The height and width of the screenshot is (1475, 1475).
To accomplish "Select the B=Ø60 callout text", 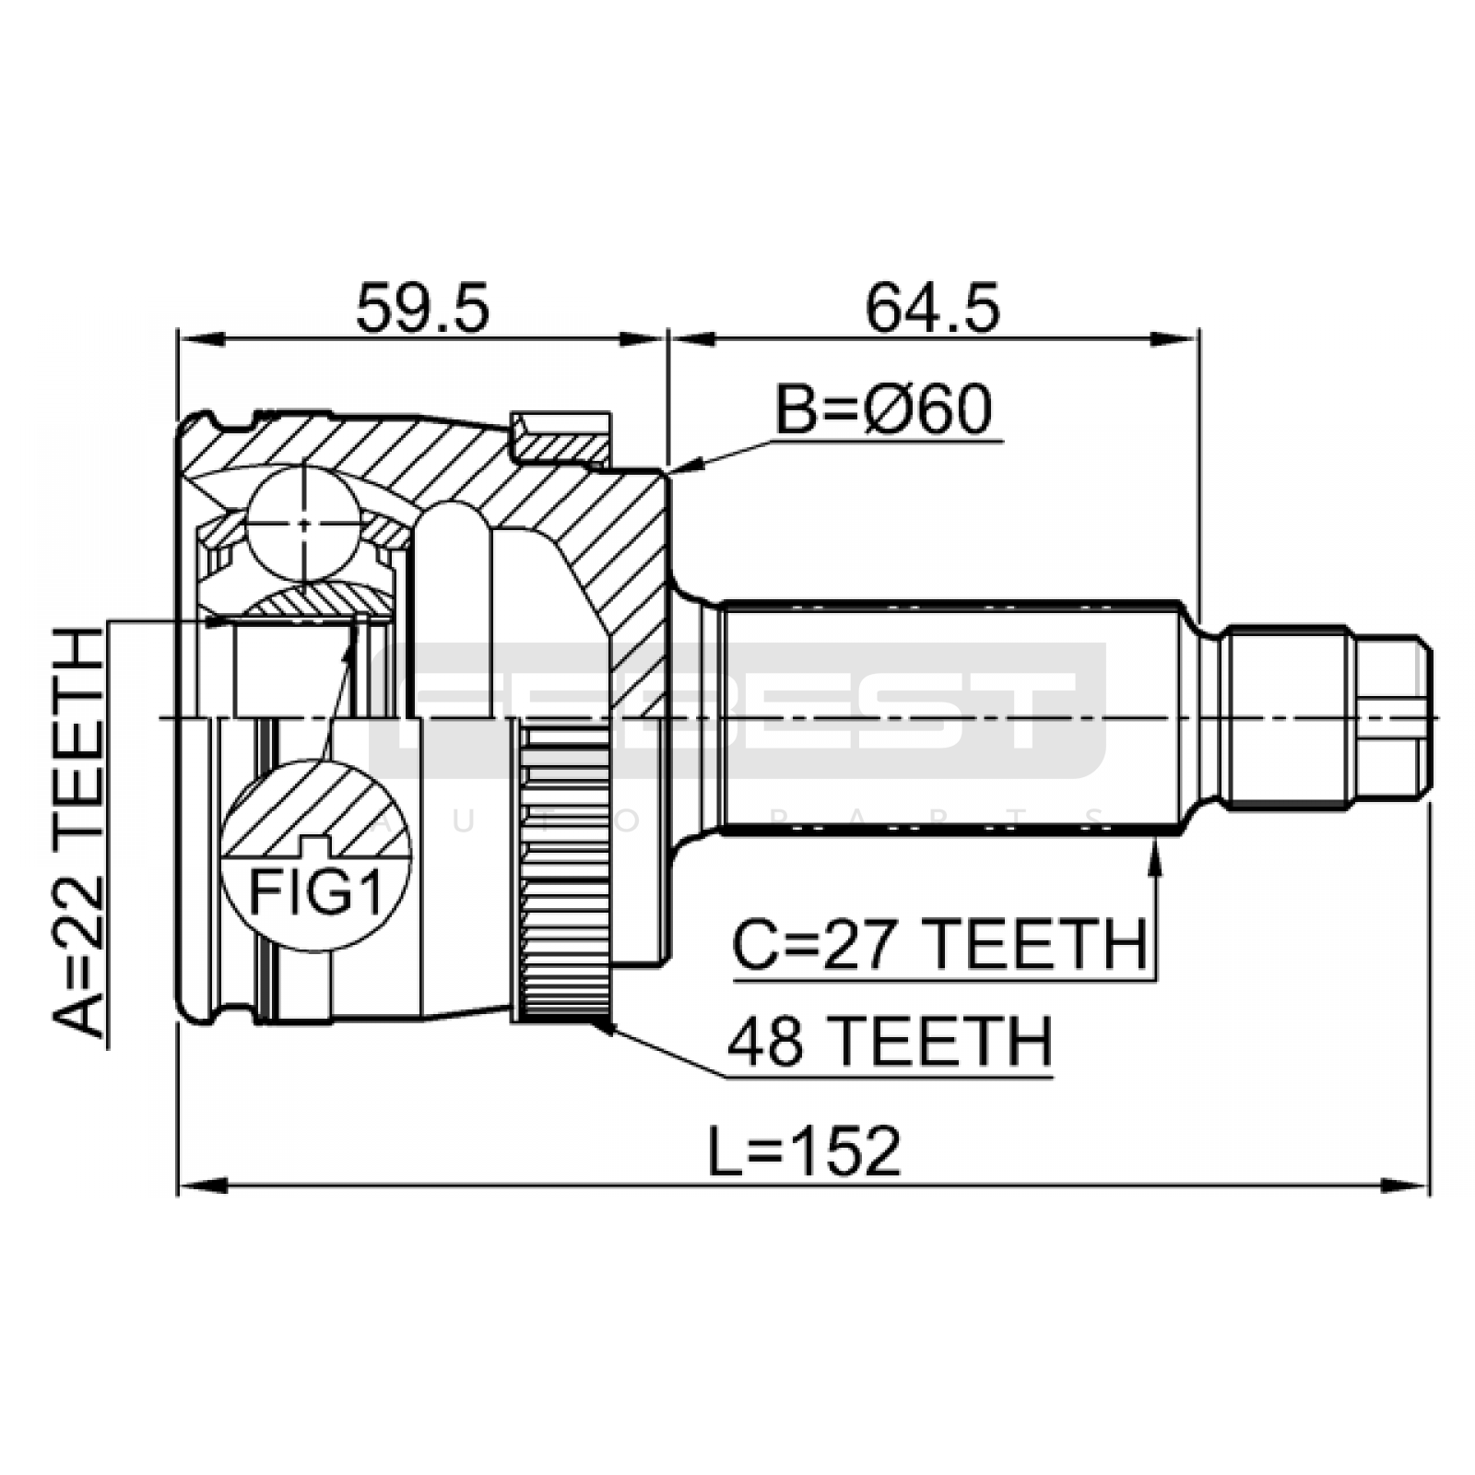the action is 883,410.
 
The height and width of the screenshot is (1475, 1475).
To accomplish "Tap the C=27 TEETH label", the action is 939,944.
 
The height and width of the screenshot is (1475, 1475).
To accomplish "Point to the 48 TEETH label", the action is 889,1042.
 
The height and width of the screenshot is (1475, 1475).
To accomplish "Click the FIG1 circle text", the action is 316,892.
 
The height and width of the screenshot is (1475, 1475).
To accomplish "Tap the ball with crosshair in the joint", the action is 304,524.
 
